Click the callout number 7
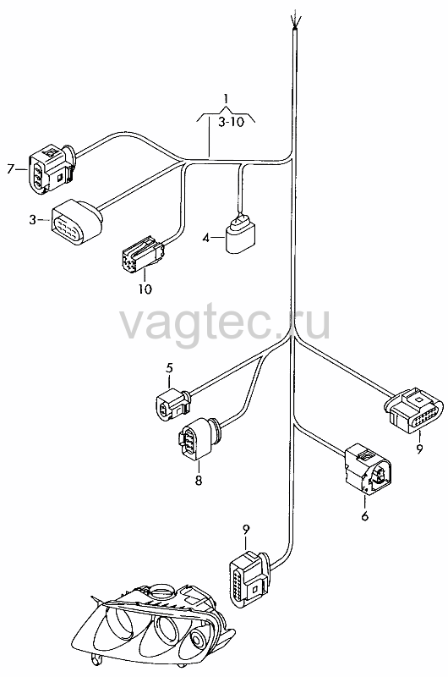[11, 168]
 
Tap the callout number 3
[33, 220]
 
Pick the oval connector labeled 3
[78, 222]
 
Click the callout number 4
[206, 238]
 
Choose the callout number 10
[145, 289]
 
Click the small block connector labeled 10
[143, 256]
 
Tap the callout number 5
[169, 368]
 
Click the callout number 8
[199, 480]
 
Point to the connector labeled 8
[199, 439]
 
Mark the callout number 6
[365, 516]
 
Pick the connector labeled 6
[367, 469]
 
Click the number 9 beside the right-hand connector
[419, 449]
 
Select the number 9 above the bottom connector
[246, 530]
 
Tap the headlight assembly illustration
[153, 628]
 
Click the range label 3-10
[231, 122]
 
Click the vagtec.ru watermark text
[225, 322]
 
